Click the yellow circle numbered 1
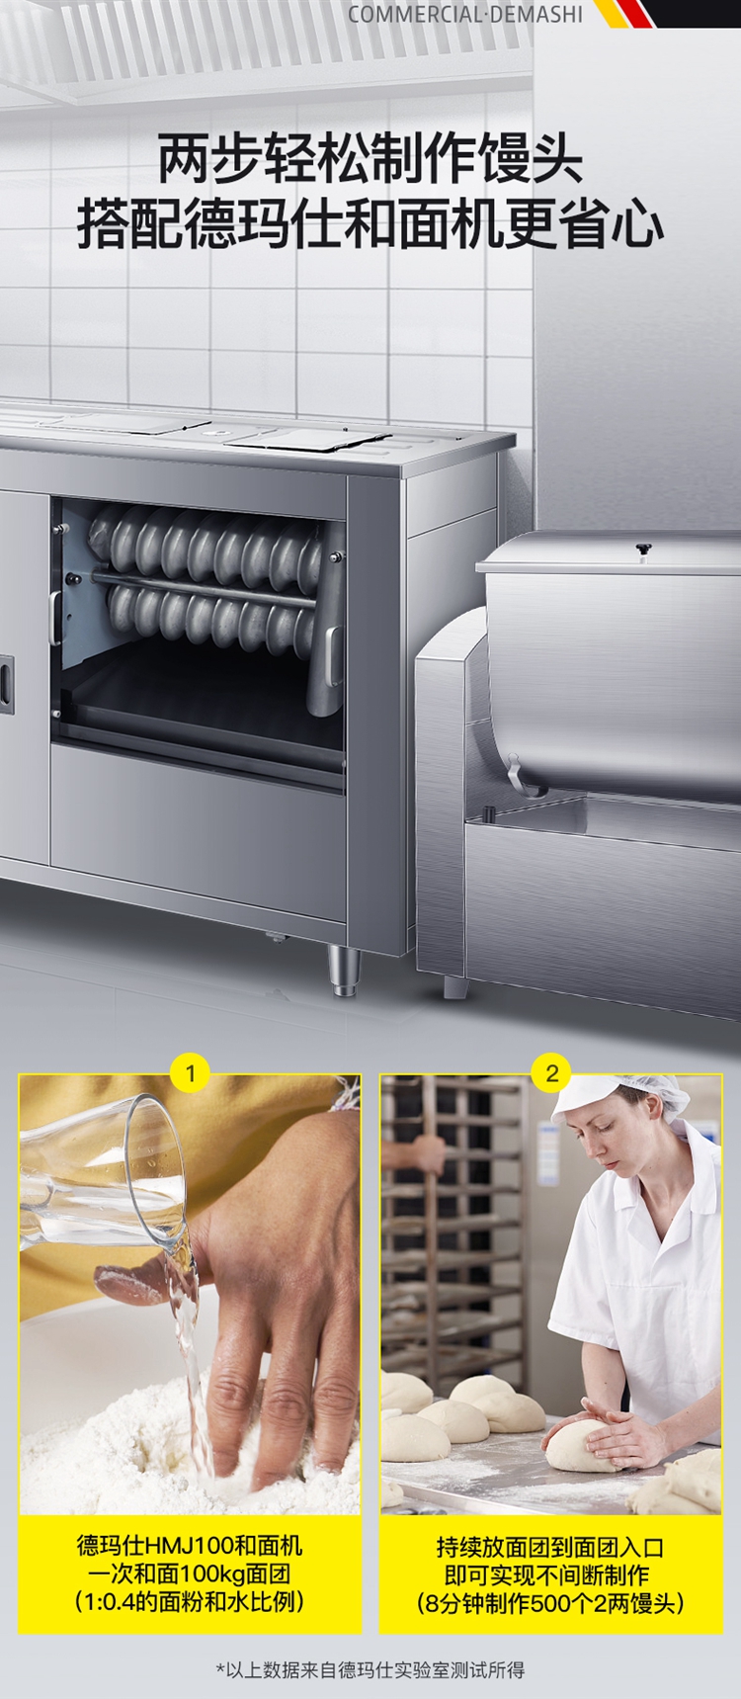191,1072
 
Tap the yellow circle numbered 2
552,1072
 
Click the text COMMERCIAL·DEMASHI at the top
465,14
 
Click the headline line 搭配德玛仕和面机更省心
370,223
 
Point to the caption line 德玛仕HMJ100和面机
190,1546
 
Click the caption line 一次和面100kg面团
190,1573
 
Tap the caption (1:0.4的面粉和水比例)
190,1601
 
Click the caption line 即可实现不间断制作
550,1574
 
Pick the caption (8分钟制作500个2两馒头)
550,1602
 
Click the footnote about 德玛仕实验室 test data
370,1669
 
